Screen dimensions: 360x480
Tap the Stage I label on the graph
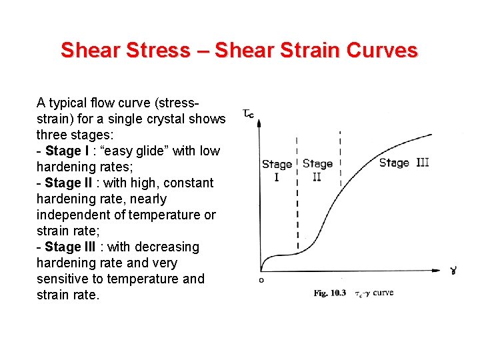277,170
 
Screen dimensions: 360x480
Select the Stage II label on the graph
317,170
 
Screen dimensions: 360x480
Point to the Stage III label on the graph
403,163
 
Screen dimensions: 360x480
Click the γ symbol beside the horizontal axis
453,270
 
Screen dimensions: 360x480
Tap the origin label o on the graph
261,280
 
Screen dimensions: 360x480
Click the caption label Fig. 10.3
330,293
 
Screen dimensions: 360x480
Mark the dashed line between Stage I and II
297,200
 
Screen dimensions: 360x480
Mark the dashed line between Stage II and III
341,160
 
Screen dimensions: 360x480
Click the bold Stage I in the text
70,151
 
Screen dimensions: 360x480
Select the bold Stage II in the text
72,183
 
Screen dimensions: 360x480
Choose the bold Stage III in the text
74,247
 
